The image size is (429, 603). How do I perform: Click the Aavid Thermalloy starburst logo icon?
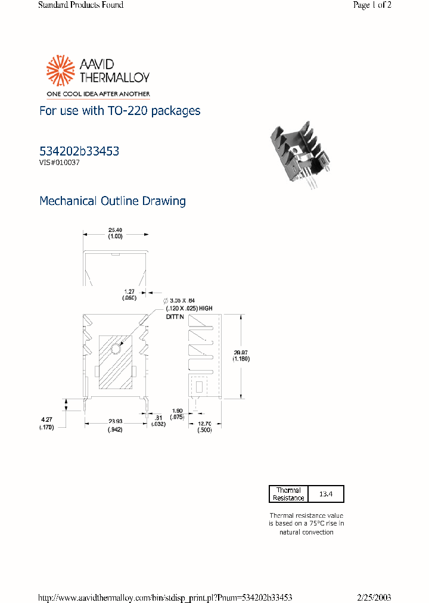click(60, 72)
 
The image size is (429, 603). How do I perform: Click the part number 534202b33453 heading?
click(79, 151)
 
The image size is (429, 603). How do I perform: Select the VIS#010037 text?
click(60, 163)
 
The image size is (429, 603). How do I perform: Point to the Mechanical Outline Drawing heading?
click(112, 201)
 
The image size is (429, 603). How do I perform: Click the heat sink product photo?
click(297, 156)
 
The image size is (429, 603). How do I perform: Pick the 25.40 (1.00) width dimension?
click(115, 233)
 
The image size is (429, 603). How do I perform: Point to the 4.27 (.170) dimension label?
click(46, 424)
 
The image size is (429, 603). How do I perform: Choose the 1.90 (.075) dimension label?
click(177, 414)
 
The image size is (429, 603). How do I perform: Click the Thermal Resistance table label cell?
click(288, 494)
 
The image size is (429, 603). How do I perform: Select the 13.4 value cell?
click(326, 494)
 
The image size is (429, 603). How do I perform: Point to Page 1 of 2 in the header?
click(372, 5)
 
